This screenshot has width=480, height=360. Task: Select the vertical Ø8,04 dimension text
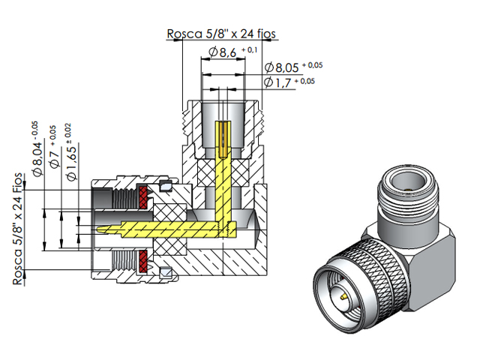tap(34, 154)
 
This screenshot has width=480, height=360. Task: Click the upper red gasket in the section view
tap(142, 196)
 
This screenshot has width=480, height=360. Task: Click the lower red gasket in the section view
tap(142, 262)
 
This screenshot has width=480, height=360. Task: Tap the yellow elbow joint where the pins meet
tap(225, 225)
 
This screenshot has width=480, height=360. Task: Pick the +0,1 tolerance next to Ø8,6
tap(251, 49)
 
